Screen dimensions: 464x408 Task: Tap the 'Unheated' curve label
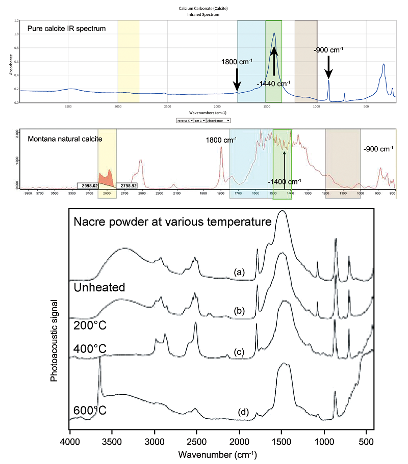100,287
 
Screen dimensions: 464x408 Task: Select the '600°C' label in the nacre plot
90,410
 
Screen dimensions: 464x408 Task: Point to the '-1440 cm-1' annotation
273,83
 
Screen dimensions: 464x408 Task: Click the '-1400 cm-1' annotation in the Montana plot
284,181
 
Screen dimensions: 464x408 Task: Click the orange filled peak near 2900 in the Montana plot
106,179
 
